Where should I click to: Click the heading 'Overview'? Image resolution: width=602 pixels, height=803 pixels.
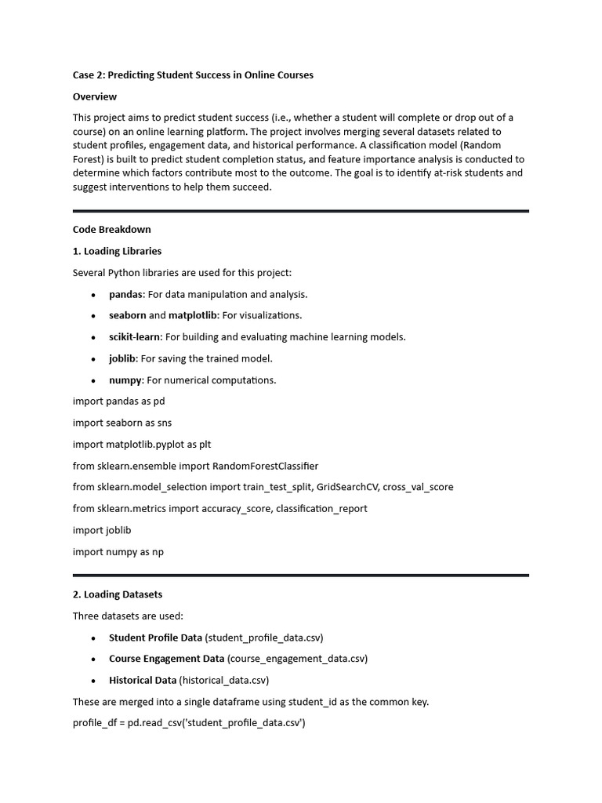95,96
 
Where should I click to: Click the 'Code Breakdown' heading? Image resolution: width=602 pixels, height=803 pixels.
112,230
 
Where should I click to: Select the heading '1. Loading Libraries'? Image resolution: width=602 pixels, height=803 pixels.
118,251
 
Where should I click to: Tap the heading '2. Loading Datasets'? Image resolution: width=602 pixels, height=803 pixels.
118,594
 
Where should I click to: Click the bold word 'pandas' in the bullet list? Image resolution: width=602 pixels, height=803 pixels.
126,294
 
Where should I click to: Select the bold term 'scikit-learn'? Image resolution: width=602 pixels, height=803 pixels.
135,337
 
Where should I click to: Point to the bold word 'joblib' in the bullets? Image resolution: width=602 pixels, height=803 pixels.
122,358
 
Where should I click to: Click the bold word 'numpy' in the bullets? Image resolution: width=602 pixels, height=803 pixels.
125,380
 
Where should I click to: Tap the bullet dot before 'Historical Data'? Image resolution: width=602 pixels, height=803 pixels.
92,681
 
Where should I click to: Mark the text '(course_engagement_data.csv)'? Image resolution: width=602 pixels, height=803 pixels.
297,659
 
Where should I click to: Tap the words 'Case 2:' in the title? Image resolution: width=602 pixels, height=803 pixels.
89,75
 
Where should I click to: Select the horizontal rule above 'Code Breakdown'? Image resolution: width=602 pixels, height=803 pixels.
301,211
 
